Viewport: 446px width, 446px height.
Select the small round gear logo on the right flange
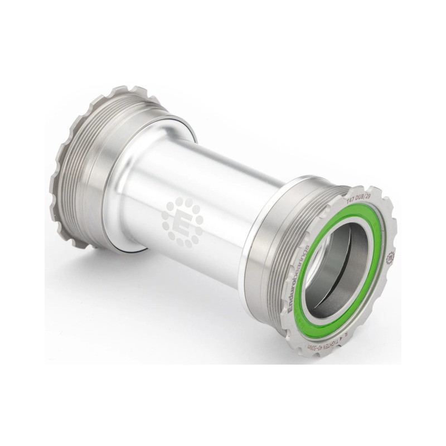pos(390,257)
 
